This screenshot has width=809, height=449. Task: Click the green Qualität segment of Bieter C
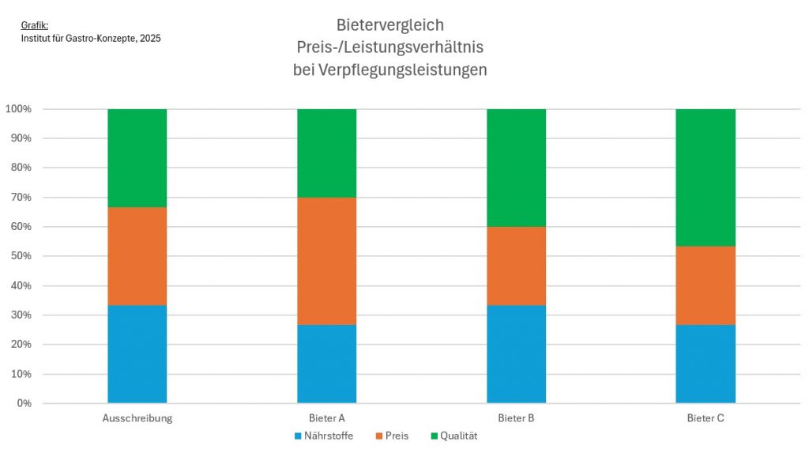(706, 177)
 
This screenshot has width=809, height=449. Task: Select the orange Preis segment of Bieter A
(326, 261)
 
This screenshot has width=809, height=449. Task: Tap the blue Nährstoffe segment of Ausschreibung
(137, 354)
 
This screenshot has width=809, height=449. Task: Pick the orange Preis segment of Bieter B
(516, 266)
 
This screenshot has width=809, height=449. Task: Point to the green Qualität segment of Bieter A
(326, 153)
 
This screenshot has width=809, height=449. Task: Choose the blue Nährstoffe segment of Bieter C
(706, 364)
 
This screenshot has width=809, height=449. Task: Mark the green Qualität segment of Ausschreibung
(137, 157)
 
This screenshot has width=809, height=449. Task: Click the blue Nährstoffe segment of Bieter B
(516, 354)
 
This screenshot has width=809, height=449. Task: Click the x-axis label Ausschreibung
(137, 418)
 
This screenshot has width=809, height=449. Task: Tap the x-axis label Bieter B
(516, 418)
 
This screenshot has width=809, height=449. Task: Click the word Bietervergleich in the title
(389, 25)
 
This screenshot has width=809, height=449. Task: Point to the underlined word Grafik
(34, 25)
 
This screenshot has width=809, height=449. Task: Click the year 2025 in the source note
(149, 38)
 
